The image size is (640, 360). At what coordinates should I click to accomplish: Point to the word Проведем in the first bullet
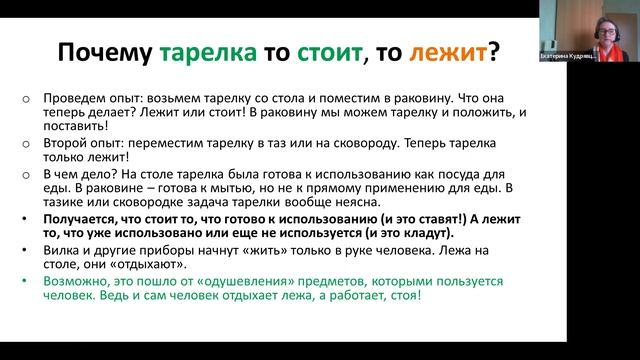(x=75, y=101)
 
